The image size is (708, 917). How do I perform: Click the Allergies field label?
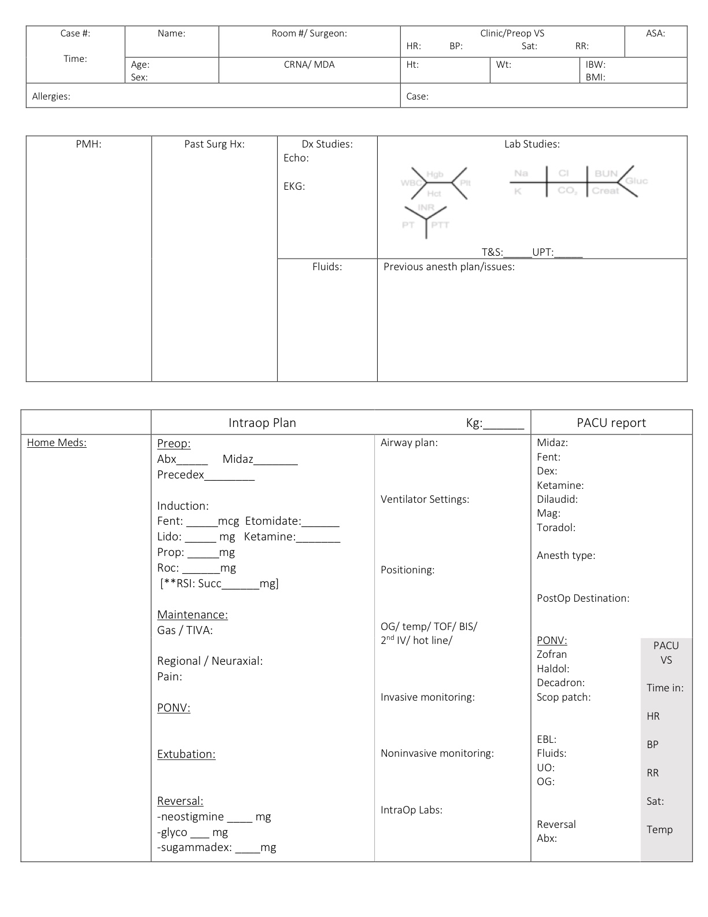pyautogui.click(x=51, y=97)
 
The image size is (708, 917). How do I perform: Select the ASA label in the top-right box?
pyautogui.click(x=655, y=34)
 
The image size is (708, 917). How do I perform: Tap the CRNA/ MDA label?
pyautogui.click(x=309, y=65)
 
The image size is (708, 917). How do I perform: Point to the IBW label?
pyautogui.click(x=595, y=65)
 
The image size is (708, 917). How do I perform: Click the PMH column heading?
pyautogui.click(x=89, y=144)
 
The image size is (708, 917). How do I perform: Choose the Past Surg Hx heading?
pyautogui.click(x=214, y=144)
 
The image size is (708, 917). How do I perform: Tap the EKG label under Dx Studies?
pyautogui.click(x=294, y=186)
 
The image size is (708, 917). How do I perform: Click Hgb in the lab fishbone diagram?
pyautogui.click(x=434, y=174)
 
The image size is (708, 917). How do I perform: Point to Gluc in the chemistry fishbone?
pyautogui.click(x=636, y=181)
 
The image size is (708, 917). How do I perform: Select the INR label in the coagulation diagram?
pyautogui.click(x=426, y=207)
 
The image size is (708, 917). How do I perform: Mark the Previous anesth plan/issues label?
pyautogui.click(x=449, y=267)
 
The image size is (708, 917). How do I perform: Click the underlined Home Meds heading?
pyautogui.click(x=57, y=443)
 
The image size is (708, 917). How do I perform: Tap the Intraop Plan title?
pyautogui.click(x=262, y=423)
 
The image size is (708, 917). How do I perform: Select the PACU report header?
pyautogui.click(x=611, y=423)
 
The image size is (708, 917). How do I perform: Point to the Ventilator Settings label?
pyautogui.click(x=425, y=499)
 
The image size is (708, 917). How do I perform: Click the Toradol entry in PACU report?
pyautogui.click(x=555, y=528)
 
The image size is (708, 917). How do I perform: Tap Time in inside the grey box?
pyautogui.click(x=665, y=688)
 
